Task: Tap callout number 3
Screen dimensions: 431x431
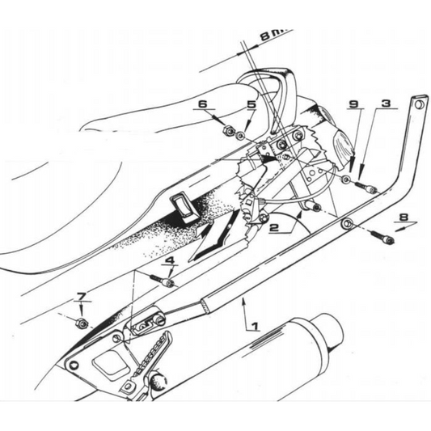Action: (387, 105)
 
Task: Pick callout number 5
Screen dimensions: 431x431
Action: (251, 105)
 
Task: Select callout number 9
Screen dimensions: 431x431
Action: (353, 105)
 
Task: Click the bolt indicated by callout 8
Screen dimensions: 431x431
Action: (384, 239)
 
